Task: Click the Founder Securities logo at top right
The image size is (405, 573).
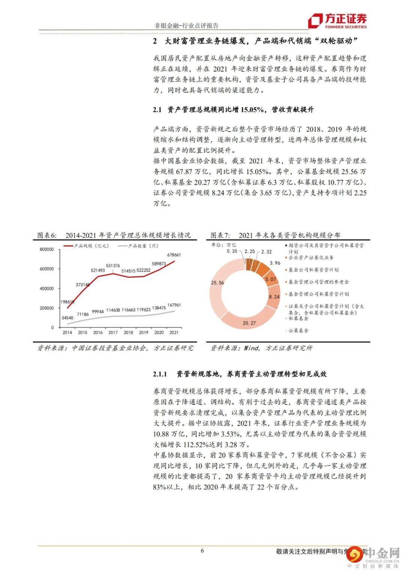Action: point(337,21)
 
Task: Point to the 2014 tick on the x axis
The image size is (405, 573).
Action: point(67,332)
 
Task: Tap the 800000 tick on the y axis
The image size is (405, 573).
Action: point(47,250)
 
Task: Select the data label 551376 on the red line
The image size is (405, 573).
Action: point(112,266)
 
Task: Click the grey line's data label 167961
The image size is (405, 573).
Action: point(173,305)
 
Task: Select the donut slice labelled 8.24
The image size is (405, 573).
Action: point(274,296)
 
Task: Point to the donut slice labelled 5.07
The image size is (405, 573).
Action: point(270,279)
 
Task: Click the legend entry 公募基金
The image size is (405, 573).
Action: point(298,331)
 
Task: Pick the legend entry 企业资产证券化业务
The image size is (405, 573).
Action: point(311,258)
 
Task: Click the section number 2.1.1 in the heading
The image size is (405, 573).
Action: point(160,374)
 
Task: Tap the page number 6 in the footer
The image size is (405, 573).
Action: point(202,550)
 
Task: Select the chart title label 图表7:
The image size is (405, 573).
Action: point(220,236)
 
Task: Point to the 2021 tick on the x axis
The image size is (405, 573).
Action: point(174,332)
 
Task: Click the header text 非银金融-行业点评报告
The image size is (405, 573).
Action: point(186,26)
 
